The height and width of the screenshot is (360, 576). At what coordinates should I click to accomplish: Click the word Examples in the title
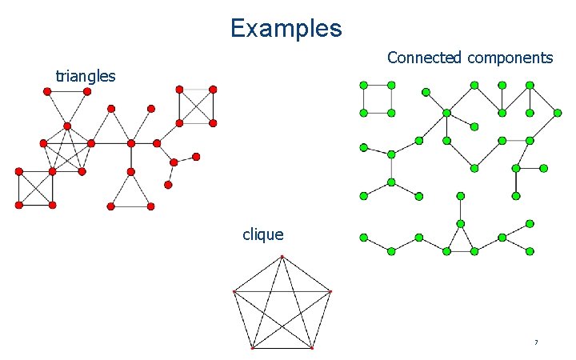[286, 29]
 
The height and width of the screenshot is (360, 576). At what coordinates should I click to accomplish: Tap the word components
[510, 58]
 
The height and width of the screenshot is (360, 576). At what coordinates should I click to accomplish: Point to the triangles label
[86, 77]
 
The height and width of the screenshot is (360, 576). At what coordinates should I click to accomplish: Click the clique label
[263, 234]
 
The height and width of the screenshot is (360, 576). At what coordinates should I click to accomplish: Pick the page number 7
[536, 342]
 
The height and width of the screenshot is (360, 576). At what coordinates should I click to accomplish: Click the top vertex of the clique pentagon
[282, 257]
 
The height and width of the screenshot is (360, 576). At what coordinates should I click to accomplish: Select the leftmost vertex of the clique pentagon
[234, 292]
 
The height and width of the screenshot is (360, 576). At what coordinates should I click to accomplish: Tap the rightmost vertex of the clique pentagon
[330, 292]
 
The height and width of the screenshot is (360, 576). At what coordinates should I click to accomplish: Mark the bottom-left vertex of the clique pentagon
[252, 348]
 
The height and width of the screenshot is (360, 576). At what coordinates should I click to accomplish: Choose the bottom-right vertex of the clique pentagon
[312, 348]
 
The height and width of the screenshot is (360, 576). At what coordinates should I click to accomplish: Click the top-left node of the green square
[363, 85]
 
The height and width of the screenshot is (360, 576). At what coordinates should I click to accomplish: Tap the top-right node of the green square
[391, 85]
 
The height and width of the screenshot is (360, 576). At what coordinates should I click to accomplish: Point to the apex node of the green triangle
[461, 223]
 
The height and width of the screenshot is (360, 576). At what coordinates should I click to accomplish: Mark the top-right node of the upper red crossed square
[214, 90]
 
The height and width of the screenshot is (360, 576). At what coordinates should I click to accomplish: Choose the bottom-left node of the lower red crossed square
[18, 205]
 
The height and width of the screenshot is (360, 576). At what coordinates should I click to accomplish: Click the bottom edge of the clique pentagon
[282, 348]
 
